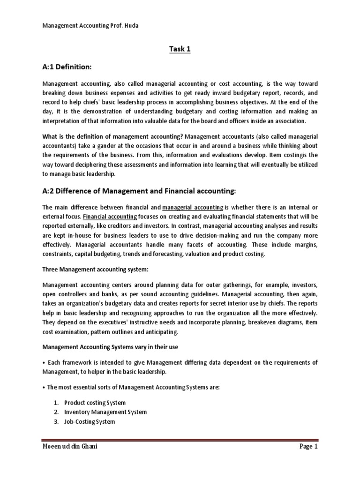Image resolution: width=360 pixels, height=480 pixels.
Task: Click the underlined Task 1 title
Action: [180, 49]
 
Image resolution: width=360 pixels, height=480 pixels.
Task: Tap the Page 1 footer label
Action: [308, 459]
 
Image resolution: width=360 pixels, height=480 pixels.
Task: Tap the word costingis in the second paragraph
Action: [296, 154]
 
